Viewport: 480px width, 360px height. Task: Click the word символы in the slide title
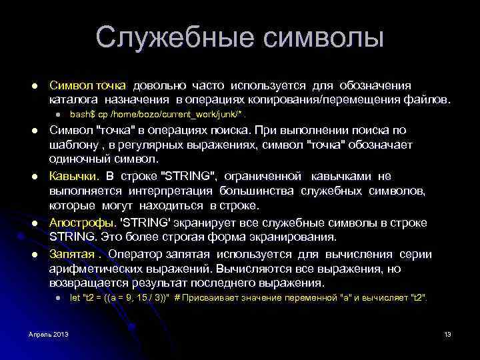(324, 37)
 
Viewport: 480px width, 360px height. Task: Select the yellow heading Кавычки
(73, 176)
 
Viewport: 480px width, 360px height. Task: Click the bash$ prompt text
(83, 115)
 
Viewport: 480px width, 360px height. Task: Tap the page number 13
(447, 333)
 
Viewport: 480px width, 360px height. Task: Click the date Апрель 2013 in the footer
(48, 333)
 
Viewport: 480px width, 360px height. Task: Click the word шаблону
(70, 145)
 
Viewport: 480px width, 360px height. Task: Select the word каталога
(69, 100)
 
